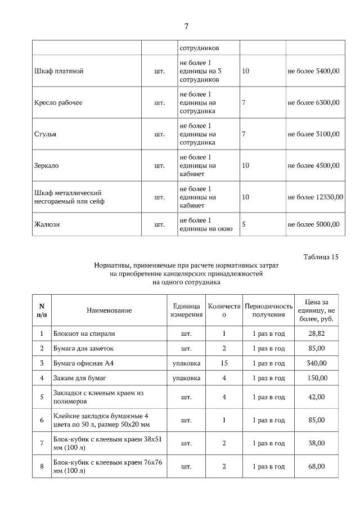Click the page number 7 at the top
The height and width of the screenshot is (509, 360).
[x=186, y=26]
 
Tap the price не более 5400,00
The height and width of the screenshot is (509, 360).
[x=313, y=71]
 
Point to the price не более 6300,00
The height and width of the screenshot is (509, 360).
[x=313, y=103]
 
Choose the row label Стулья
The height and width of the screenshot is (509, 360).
[x=46, y=134]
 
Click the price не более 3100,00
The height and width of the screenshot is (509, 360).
[x=313, y=134]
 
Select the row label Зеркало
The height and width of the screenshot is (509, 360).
[x=47, y=166]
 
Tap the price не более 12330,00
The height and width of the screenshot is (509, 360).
[x=315, y=197]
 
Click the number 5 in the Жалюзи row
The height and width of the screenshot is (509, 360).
[x=244, y=224]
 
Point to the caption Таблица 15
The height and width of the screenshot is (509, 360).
[x=321, y=257]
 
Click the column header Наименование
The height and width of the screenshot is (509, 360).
[x=109, y=310]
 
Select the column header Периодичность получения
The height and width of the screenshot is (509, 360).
[x=268, y=310]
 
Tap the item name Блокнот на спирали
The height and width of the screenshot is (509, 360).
[x=84, y=334]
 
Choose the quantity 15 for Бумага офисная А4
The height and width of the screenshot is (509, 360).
[x=224, y=363]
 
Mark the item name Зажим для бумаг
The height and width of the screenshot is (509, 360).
[x=80, y=378]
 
